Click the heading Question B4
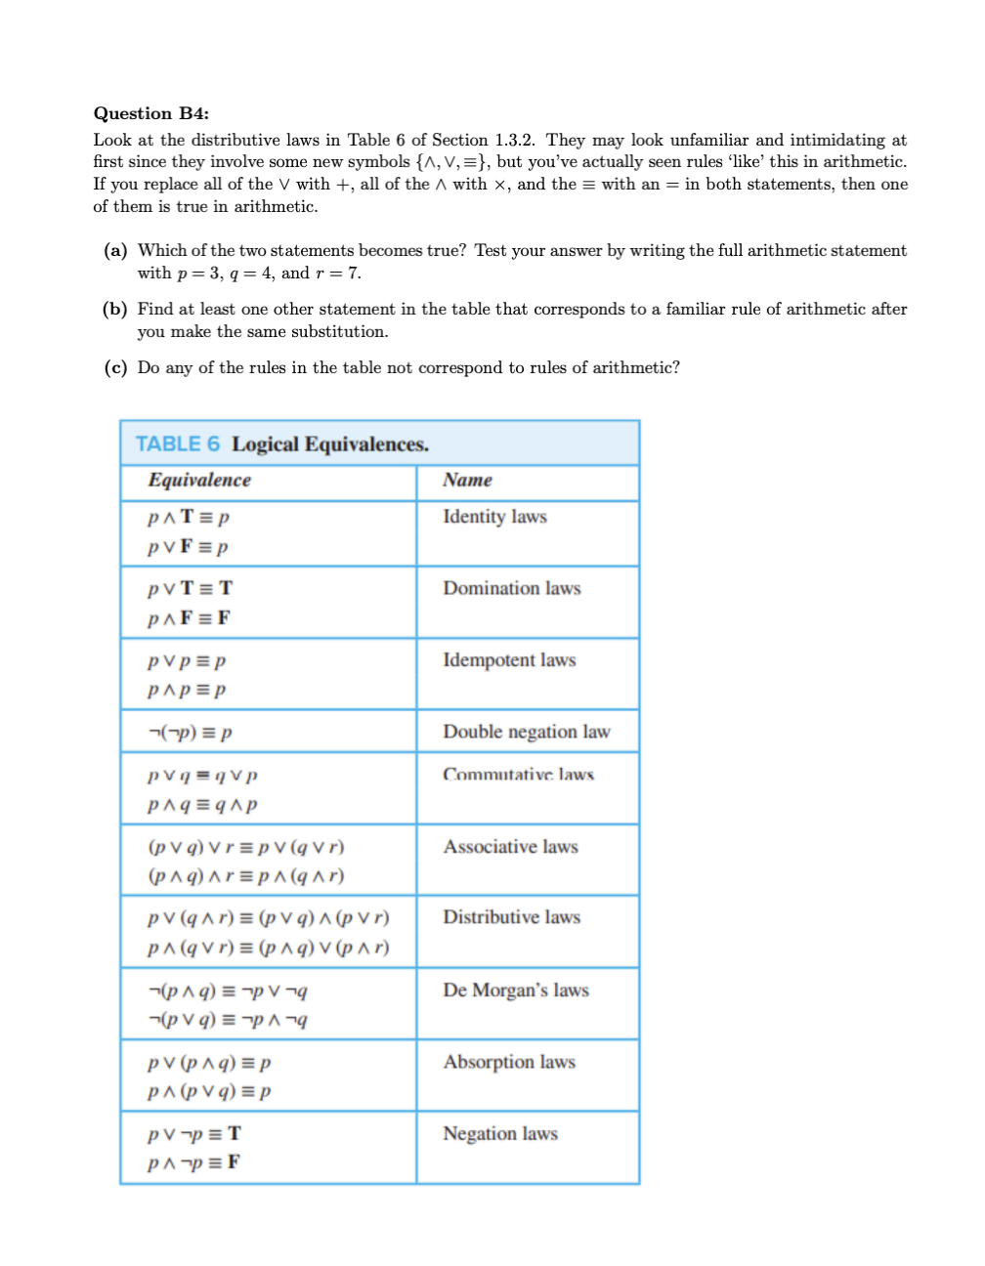(x=150, y=113)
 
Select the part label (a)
(x=115, y=250)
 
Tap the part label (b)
(x=115, y=309)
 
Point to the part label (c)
(x=115, y=367)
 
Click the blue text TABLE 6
(x=177, y=444)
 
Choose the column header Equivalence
(x=199, y=480)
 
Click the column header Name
(x=467, y=480)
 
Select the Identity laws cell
(x=494, y=517)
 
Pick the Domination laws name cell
(x=511, y=588)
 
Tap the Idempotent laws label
(x=509, y=660)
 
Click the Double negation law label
(x=526, y=732)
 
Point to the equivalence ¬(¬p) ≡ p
(x=190, y=732)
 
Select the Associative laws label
(x=510, y=847)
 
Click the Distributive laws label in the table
(x=511, y=917)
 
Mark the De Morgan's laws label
(x=515, y=991)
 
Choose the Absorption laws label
(x=509, y=1062)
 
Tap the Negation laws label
(x=499, y=1134)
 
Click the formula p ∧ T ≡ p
(x=189, y=518)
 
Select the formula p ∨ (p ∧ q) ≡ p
(x=209, y=1063)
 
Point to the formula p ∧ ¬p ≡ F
(x=193, y=1162)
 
